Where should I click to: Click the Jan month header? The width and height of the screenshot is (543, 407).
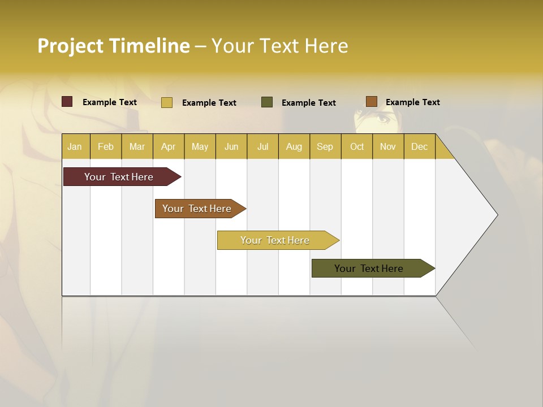click(75, 146)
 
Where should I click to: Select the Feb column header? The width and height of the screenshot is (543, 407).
click(106, 146)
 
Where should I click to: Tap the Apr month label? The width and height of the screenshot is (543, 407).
click(168, 146)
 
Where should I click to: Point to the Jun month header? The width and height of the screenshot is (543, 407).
click(231, 146)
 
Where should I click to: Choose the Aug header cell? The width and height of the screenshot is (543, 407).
click(294, 146)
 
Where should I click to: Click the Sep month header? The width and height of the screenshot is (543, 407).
click(325, 146)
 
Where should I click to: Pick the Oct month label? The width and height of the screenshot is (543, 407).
click(357, 146)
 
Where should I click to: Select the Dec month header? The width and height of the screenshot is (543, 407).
click(419, 146)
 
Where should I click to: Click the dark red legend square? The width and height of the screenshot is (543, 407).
click(67, 102)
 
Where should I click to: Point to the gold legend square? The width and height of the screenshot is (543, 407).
click(167, 102)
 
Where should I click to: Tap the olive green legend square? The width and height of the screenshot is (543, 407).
click(267, 102)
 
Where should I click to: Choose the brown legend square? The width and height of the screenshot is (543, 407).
click(371, 102)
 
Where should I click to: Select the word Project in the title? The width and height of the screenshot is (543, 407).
click(71, 46)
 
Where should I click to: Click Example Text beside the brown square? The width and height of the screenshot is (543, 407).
click(412, 102)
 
